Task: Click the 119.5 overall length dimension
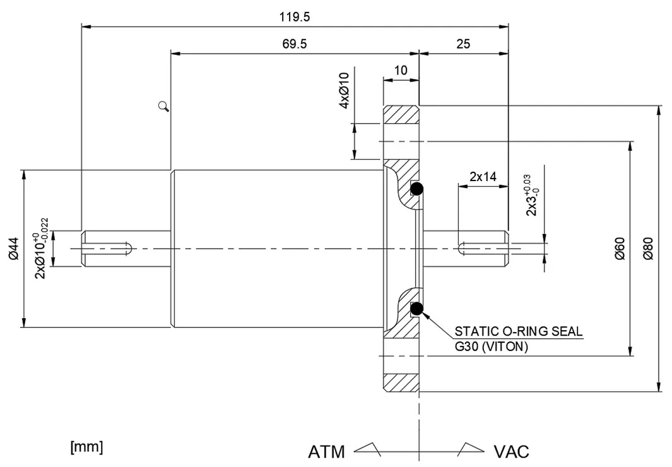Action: pos(295,17)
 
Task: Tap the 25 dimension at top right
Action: pos(463,45)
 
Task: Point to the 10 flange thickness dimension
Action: pos(401,70)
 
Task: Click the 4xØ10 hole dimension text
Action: pos(345,91)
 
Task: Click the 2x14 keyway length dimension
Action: pos(483,177)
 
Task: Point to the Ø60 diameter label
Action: pos(620,249)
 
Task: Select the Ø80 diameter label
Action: pos(647,249)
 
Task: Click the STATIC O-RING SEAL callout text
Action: pos(519,331)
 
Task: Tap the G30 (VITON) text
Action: pos(492,346)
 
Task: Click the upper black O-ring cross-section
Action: pos(417,188)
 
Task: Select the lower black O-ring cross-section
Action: pos(417,309)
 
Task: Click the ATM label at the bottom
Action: pos(326,452)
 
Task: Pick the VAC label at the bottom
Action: pos(511,452)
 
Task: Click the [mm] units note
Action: pos(86,447)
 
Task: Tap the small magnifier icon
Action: pos(164,106)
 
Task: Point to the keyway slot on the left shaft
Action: pos(107,248)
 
